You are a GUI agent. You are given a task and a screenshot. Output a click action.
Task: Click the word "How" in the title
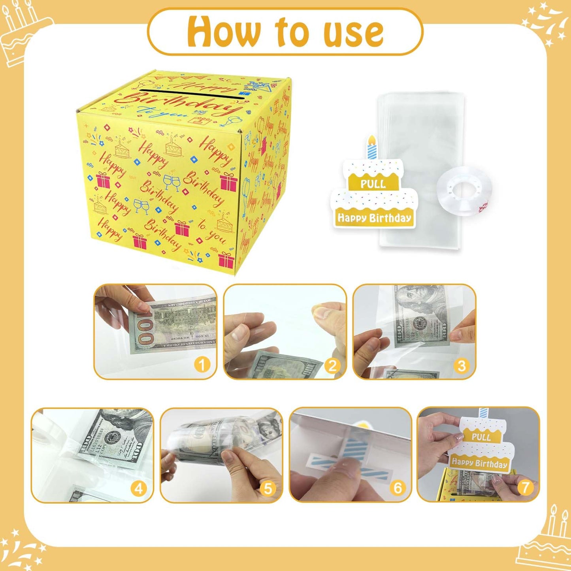[x=224, y=32]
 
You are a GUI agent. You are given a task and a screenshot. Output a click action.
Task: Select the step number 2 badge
[x=332, y=366]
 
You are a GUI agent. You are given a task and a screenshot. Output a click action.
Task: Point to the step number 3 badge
[x=462, y=366]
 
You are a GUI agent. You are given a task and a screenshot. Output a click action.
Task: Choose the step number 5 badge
[x=268, y=489]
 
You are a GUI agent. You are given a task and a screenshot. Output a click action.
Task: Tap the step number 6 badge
[x=398, y=488]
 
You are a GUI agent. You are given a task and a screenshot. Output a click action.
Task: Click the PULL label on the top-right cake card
[x=373, y=184]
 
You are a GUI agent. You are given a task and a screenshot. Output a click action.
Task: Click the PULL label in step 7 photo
[x=481, y=437]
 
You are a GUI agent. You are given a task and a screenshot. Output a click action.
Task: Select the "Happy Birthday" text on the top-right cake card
[x=374, y=218]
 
